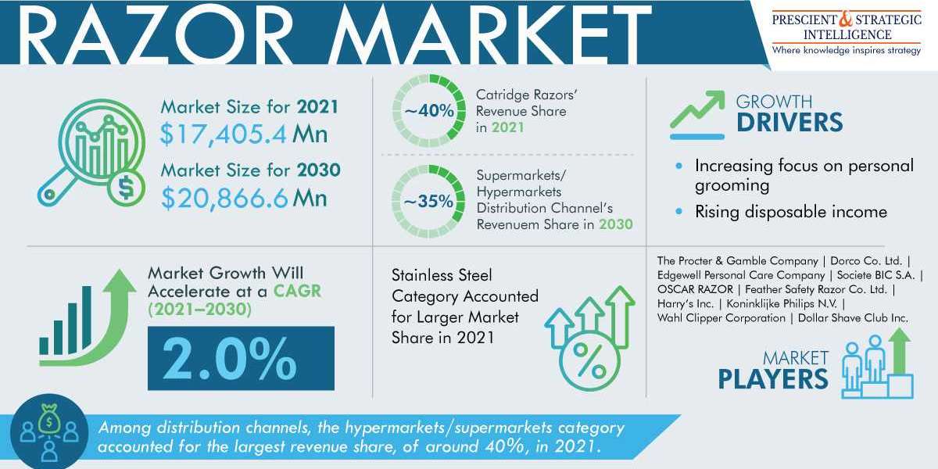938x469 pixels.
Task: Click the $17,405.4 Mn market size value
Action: [243, 134]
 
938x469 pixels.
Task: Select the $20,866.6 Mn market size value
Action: [243, 199]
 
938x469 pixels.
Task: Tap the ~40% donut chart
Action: [427, 110]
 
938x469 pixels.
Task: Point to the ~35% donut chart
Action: [427, 201]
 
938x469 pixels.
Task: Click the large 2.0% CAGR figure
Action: [240, 358]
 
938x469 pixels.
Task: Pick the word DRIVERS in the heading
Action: [789, 123]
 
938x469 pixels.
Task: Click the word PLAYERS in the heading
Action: [773, 379]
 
